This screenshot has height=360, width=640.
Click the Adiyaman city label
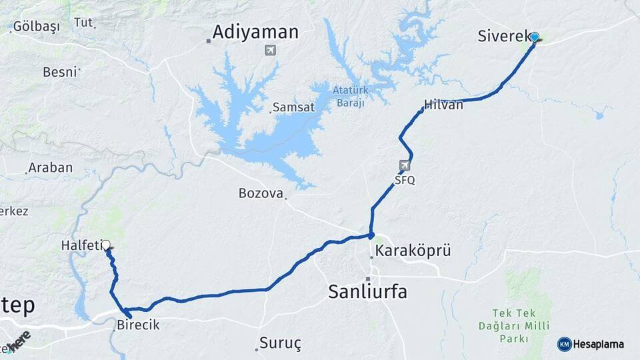pos(255,32)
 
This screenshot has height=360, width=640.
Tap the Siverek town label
pos(503,36)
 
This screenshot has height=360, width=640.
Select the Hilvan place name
pos(444,105)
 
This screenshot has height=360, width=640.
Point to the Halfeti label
pos(81,245)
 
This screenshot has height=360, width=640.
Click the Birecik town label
pos(138,325)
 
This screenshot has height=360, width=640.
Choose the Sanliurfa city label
pos(367,291)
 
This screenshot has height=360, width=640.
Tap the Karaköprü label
pos(413,251)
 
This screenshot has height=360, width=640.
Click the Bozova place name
pos(260,193)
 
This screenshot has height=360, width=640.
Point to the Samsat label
pos(293,107)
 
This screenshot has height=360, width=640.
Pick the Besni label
pos(60,72)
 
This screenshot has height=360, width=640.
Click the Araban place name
pos(51,167)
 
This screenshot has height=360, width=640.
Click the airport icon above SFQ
pos(405,165)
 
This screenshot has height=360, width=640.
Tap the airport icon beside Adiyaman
pos(270,50)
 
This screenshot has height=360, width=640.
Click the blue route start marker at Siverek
pos(534,37)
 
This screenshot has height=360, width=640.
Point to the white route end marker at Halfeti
pos(105,245)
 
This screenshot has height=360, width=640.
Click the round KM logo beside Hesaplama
pos(564,344)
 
